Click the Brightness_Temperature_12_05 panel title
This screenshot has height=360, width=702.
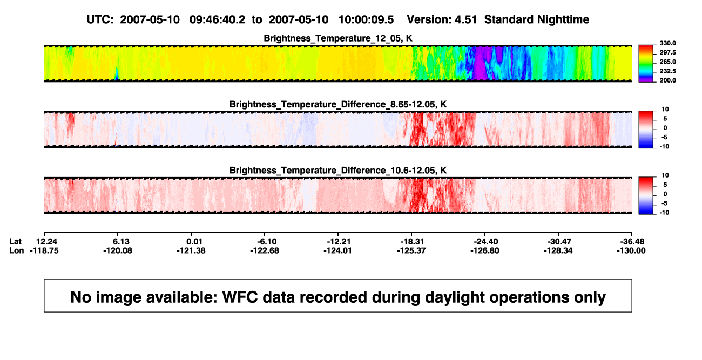(338, 38)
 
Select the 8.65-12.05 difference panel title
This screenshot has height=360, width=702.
(338, 104)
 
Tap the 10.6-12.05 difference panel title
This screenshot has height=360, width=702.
(338, 171)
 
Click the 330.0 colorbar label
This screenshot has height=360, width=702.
(667, 43)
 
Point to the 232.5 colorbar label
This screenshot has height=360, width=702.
(667, 71)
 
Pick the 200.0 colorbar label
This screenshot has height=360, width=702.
(667, 80)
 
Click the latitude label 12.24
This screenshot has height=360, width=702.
(46, 242)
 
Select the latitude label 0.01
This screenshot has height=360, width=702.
(194, 242)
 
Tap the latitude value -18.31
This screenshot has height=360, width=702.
(412, 242)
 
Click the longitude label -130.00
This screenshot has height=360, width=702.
(631, 250)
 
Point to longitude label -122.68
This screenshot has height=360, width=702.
(265, 250)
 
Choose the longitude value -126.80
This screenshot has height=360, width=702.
(485, 250)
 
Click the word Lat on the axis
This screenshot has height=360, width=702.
(15, 242)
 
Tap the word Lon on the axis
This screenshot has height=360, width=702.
(16, 250)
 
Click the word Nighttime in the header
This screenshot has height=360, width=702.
(563, 19)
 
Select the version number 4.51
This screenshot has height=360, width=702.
(465, 19)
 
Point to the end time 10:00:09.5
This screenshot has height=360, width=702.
(366, 19)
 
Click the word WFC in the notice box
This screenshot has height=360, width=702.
(240, 297)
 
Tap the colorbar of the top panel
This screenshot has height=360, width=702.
(646, 64)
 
